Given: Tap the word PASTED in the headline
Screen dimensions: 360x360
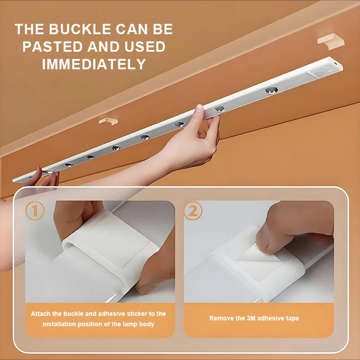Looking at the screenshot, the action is [x=52, y=47].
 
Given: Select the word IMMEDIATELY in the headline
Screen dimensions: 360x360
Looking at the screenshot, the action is [x=94, y=64].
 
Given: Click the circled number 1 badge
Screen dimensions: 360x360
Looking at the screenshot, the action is [x=35, y=211].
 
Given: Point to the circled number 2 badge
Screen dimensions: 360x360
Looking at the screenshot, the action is [x=193, y=211].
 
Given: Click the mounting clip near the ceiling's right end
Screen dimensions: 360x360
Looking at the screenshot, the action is [x=331, y=41].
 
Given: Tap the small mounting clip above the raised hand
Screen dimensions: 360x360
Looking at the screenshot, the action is [x=108, y=121].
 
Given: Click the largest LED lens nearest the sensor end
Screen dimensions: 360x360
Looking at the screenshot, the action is [x=272, y=90].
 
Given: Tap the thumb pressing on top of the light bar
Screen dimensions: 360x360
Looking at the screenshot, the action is [x=198, y=108].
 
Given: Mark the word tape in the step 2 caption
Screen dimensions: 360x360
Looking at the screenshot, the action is [x=292, y=319].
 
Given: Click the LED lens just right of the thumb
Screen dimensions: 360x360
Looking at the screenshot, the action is [x=220, y=108].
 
